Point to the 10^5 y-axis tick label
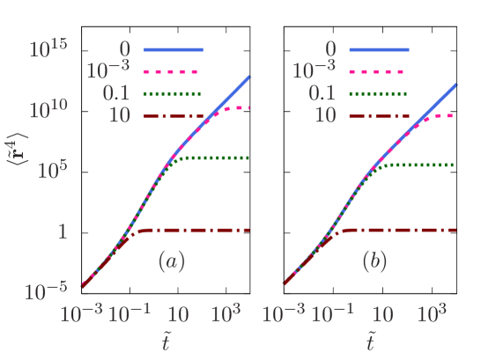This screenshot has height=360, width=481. tap(52, 169)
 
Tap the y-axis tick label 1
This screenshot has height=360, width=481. tap(62, 231)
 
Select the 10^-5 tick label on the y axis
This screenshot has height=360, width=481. tap(47, 289)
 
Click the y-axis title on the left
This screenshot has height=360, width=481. tap(19, 159)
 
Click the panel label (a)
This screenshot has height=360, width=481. tap(172, 261)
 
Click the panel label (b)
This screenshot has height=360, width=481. tap(375, 261)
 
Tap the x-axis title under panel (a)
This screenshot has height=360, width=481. tap(166, 342)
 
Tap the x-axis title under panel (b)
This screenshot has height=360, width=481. tap(371, 342)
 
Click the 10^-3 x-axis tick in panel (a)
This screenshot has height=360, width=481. tap(81, 312)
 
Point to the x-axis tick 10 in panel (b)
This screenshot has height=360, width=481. tap(381, 313)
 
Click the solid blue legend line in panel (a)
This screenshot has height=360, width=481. tap(174, 49)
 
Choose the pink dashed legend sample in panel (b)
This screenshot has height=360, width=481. tap(378, 71)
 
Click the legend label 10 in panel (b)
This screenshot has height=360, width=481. tap(325, 115)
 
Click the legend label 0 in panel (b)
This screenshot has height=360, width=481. tap(330, 49)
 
